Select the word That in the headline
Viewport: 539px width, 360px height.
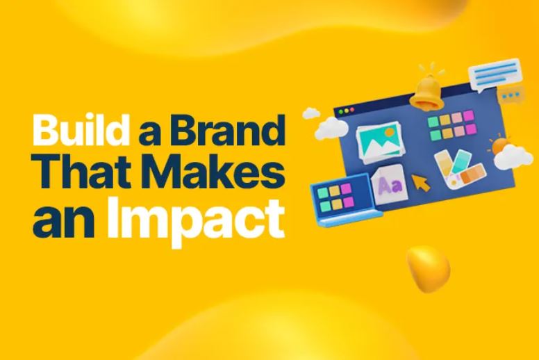coord(77,171)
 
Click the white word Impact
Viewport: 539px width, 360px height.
coord(197,221)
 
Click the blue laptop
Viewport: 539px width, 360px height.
coord(344,200)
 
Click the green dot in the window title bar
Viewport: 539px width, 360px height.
coord(341,112)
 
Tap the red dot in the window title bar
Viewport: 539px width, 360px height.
coord(351,110)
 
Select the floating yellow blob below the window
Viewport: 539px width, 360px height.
coord(428,268)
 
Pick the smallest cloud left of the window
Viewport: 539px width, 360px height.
coord(311,113)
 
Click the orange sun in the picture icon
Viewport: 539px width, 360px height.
coord(390,131)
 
